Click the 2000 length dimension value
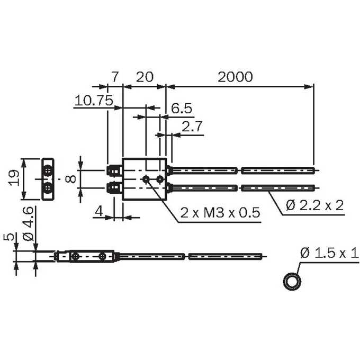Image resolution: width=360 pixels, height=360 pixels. [235, 77]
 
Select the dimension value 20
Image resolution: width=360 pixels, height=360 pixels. [145, 77]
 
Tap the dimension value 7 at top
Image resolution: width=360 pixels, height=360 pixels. [115, 77]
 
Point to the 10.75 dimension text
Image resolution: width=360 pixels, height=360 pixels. [94, 101]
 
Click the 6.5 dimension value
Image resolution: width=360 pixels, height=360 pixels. [182, 109]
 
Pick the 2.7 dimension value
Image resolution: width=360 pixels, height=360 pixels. [192, 127]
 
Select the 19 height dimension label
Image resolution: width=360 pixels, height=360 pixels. [13, 178]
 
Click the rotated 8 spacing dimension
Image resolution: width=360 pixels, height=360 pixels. [70, 179]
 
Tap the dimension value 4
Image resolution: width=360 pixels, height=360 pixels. [99, 211]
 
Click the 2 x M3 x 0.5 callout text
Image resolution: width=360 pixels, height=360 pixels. [220, 212]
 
